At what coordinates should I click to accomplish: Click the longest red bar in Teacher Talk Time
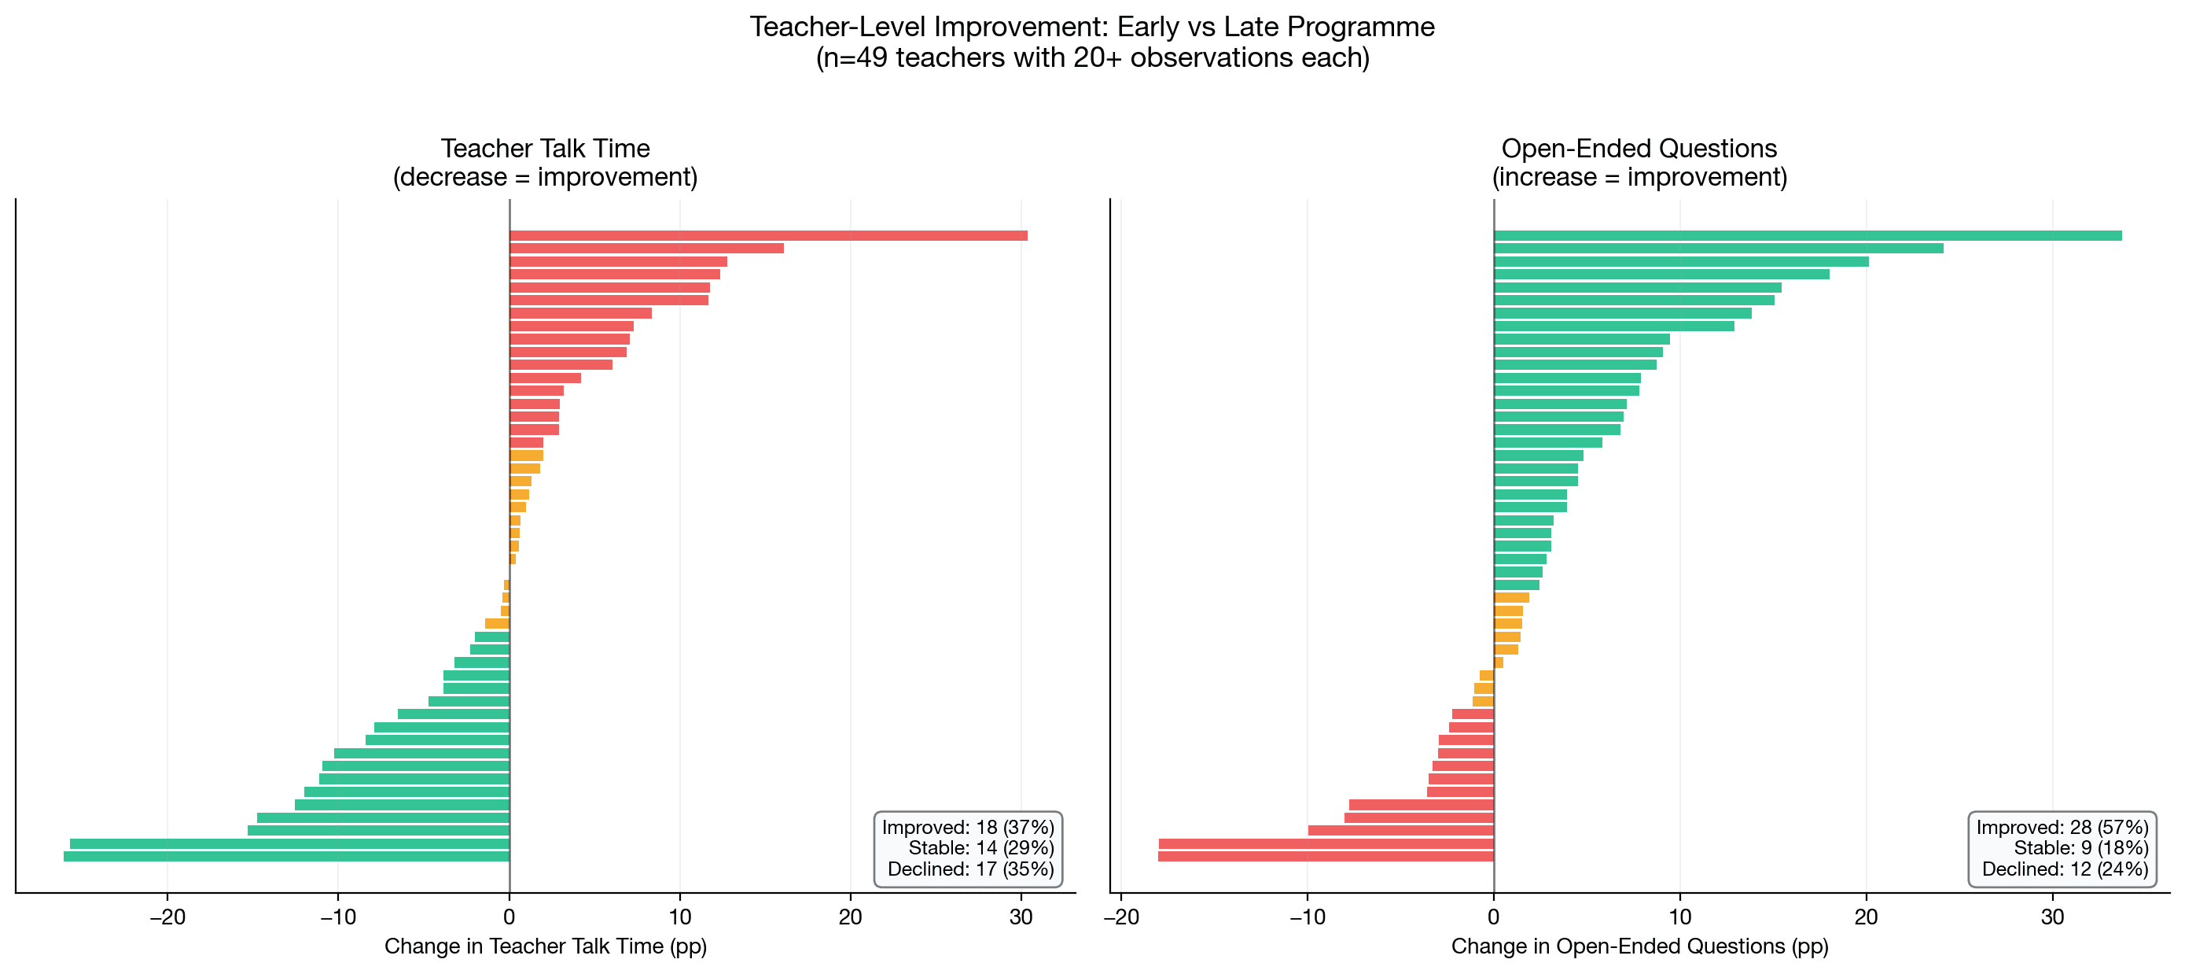coord(767,236)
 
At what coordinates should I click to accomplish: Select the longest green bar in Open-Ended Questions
coord(1807,236)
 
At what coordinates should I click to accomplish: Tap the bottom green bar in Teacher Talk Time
coord(286,857)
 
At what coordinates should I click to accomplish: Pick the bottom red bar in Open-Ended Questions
coord(1325,857)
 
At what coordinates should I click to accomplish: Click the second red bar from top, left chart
coord(646,249)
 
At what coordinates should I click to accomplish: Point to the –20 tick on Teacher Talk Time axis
coord(167,917)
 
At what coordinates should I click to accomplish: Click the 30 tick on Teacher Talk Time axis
coord(1021,917)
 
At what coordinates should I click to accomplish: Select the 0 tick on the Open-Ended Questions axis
coord(1494,917)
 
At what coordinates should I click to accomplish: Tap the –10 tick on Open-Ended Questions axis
coord(1307,917)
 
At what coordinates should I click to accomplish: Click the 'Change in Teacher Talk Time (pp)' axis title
coord(546,946)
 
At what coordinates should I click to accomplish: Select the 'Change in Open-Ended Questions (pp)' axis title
coord(1639,946)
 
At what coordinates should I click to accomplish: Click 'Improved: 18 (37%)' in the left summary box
coord(968,827)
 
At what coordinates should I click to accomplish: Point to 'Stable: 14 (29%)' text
coord(980,848)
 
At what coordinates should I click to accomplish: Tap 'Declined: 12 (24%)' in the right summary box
coord(2065,869)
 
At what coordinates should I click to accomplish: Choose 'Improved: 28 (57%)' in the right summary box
coord(2062,827)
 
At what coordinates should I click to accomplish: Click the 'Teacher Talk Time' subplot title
coord(546,149)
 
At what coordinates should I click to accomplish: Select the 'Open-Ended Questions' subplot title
coord(1639,149)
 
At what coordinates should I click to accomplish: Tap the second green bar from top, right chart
coord(1718,249)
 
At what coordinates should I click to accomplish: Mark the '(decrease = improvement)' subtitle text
coord(546,177)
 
